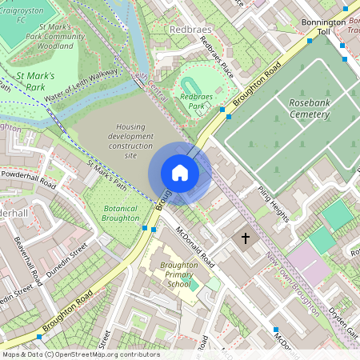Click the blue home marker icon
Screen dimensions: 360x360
tap(180, 173)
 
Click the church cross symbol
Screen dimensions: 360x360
tap(246, 238)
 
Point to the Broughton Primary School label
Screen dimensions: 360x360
tap(175, 274)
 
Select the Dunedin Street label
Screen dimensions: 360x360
tap(66, 263)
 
